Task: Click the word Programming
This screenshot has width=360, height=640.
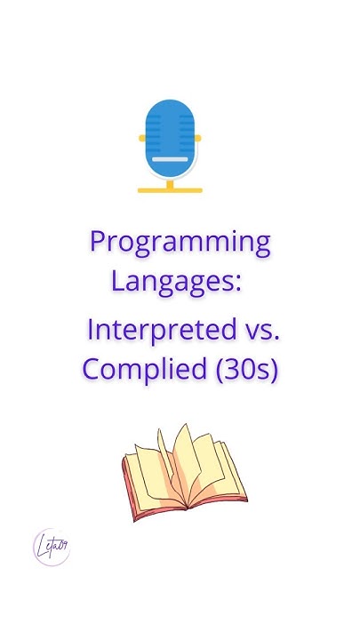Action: (180, 242)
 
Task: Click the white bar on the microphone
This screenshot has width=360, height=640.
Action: (170, 159)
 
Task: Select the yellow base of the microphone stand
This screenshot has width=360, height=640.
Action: (170, 189)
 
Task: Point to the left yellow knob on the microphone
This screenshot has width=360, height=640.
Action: (142, 139)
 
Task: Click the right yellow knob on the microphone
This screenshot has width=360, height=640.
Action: (197, 139)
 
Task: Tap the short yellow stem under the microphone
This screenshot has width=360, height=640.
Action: (170, 182)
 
